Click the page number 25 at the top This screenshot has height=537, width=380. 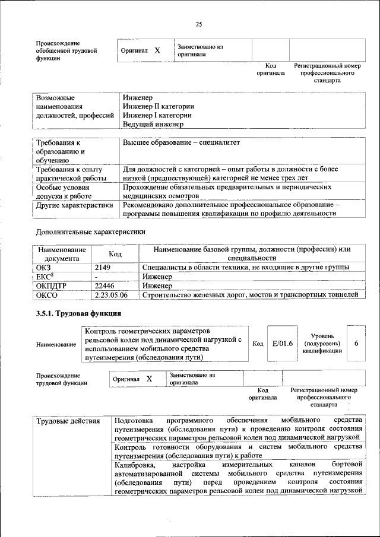pyautogui.click(x=198, y=24)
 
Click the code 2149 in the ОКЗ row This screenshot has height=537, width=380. pyautogui.click(x=103, y=268)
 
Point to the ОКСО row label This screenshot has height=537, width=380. pyautogui.click(x=46, y=294)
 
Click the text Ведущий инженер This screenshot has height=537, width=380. pyautogui.click(x=153, y=125)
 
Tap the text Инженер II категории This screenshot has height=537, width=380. pyautogui.click(x=158, y=107)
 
